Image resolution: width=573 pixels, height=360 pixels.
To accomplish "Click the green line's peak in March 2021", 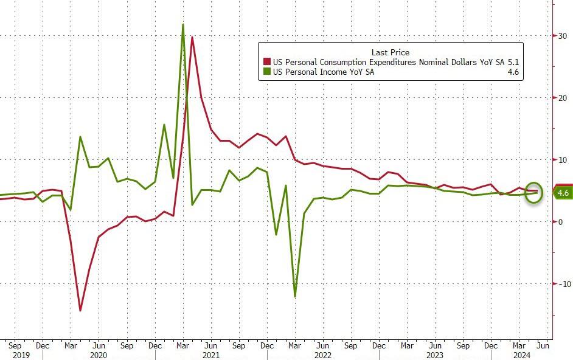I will [183, 24].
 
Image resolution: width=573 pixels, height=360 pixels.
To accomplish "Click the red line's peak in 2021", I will [192, 37].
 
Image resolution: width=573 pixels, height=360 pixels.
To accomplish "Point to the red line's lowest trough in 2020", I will [80, 310].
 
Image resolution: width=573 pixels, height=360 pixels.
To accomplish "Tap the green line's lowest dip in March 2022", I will [295, 297].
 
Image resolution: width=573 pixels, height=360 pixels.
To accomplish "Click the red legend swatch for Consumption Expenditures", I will [266, 62].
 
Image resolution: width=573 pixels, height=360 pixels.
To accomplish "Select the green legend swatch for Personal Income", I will [266, 72].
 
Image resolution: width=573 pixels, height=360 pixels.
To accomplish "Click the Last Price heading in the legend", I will [390, 52].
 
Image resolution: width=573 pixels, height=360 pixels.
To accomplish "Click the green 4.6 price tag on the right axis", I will [563, 193].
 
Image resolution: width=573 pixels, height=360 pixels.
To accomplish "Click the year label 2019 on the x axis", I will [21, 355].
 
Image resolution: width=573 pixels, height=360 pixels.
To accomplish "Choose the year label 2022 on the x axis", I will [323, 355].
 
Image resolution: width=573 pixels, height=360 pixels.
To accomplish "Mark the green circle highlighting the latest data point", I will [533, 193].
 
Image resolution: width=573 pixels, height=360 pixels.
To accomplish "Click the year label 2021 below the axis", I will [211, 355].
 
